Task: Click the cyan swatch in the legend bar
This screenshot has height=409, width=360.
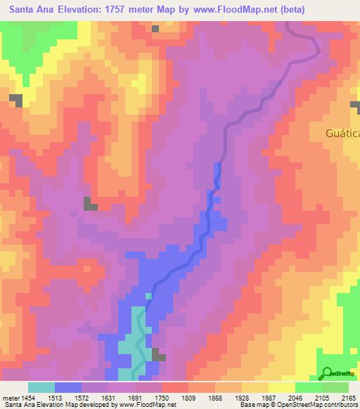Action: pyautogui.click(x=41, y=387)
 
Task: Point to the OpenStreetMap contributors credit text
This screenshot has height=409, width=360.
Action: pyautogui.click(x=317, y=405)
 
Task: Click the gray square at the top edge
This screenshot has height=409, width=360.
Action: pyautogui.click(x=155, y=29)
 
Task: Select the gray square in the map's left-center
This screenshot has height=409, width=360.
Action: pyautogui.click(x=91, y=204)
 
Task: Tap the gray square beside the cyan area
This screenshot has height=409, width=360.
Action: pyautogui.click(x=159, y=356)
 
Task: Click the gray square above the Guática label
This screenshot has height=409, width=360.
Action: pyautogui.click(x=356, y=105)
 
